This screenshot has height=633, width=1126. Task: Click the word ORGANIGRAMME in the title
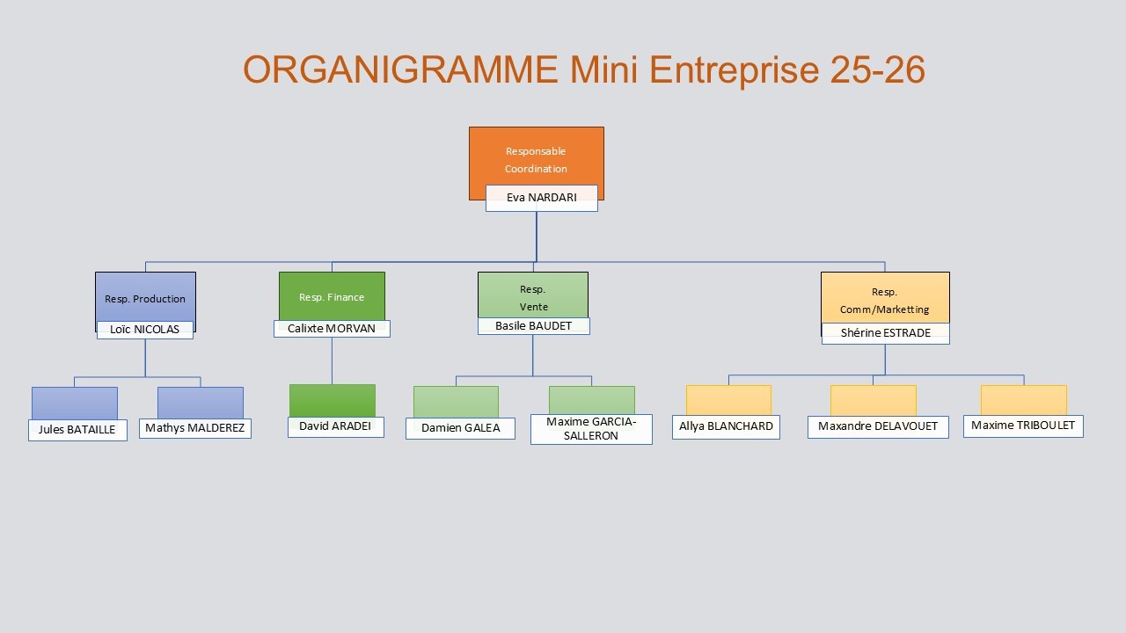coord(400,70)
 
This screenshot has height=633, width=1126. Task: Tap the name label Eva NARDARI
coord(542,198)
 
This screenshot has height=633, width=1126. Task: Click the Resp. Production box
coord(145,297)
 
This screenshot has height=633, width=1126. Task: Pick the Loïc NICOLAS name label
coord(145,330)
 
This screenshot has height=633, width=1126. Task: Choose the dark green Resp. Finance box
coord(332,295)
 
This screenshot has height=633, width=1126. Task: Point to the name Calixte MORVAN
coord(332,329)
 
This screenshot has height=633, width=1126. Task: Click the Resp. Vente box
coord(533,295)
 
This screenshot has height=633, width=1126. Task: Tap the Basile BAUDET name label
coord(534,326)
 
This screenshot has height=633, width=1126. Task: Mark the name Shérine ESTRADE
coord(886,333)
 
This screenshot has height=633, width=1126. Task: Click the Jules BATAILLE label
coord(77,430)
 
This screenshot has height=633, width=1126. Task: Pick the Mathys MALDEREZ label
coord(195,428)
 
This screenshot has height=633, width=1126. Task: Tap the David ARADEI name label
coord(335,426)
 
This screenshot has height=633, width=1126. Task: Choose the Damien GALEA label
coord(460,428)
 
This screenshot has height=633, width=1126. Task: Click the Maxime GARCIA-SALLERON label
coord(591,429)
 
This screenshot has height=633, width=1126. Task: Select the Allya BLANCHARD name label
coord(726,426)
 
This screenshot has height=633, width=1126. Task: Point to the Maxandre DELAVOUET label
coord(878,426)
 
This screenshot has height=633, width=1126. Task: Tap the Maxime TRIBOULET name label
coord(1023,426)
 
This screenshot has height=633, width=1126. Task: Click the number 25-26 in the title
coord(877,70)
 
